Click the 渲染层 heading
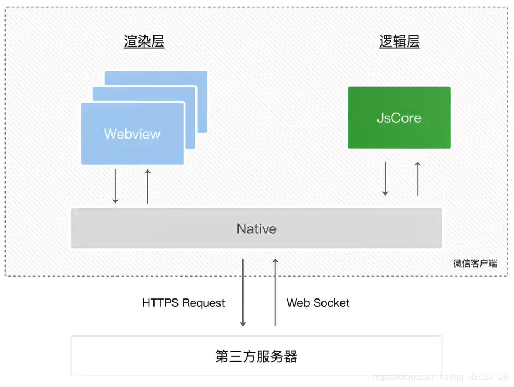click(144, 42)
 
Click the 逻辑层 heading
click(399, 42)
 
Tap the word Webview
click(132, 134)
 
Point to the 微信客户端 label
click(475, 263)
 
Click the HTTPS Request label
click(184, 303)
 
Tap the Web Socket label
click(318, 303)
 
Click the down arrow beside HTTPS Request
click(243, 292)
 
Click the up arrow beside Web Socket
click(275, 292)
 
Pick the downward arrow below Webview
click(115, 186)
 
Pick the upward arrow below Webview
click(148, 186)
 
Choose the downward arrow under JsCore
click(385, 178)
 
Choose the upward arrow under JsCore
click(418, 178)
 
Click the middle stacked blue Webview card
click(191, 93)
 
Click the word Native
click(256, 229)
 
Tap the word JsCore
click(399, 118)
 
